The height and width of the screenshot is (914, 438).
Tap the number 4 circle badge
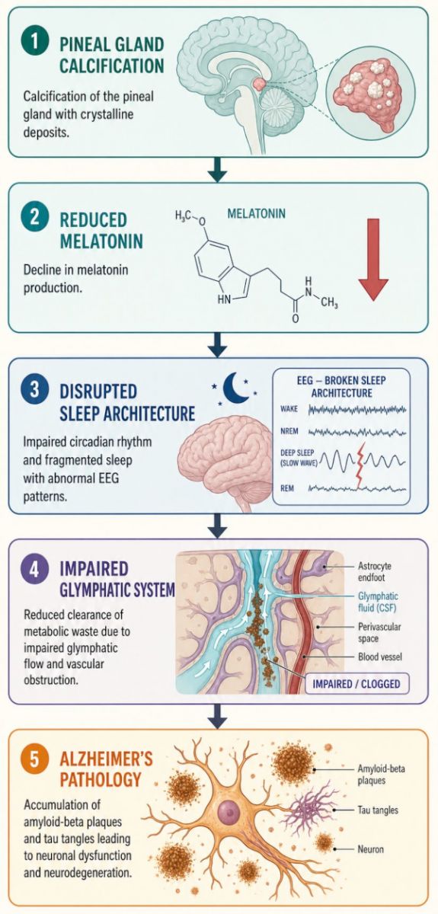point(35,570)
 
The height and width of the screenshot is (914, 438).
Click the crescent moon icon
point(235,387)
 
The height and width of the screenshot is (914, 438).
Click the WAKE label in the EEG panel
point(289,408)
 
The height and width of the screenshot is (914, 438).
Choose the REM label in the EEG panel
point(287,488)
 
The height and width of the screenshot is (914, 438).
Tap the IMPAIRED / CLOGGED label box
point(357,683)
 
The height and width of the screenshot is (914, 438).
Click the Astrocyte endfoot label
point(374,572)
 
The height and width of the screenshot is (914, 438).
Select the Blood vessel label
point(380,657)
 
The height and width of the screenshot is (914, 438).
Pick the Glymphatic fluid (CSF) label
point(378,602)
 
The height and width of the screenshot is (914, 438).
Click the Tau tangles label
point(378,810)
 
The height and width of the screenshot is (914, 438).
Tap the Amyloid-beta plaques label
point(382,775)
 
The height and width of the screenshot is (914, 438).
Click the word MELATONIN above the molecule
point(257,213)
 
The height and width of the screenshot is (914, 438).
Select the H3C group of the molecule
point(184,216)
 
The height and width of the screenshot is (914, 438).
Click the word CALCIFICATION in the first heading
point(112,66)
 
